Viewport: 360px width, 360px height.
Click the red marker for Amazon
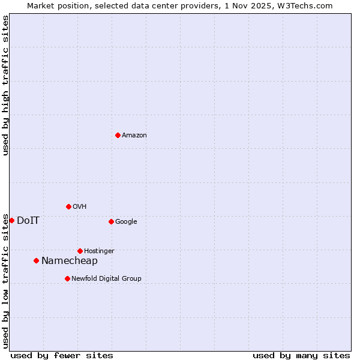tap(118, 135)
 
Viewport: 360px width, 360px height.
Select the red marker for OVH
tap(68, 206)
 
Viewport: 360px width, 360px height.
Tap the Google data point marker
tap(111, 221)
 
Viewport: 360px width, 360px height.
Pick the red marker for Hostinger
tap(80, 251)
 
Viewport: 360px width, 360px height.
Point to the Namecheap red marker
tap(36, 260)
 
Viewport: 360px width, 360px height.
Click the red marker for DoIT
tap(11, 220)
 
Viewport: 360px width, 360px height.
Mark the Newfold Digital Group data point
tap(67, 278)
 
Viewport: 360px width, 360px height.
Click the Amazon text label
tap(134, 136)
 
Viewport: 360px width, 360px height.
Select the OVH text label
tap(80, 207)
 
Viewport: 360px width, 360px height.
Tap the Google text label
tap(126, 222)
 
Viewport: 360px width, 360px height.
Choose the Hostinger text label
tap(99, 251)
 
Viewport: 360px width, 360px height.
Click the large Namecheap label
tap(70, 260)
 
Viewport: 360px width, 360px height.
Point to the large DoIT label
tap(28, 220)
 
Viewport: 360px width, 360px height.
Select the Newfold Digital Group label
tap(106, 279)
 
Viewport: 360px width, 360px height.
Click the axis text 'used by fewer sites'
tap(62, 355)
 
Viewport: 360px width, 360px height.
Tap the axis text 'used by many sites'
tap(301, 355)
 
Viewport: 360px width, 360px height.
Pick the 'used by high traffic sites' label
tap(5, 85)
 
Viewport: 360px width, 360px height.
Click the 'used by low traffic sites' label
tap(5, 281)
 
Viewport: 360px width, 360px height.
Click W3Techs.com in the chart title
tap(304, 5)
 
